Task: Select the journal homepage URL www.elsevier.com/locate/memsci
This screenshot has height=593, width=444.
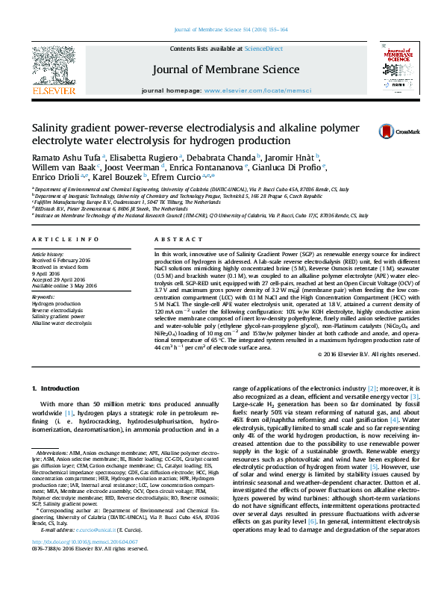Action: click(260, 90)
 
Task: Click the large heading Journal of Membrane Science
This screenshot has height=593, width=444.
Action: click(221, 69)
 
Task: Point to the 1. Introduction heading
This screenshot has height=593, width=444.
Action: click(58, 389)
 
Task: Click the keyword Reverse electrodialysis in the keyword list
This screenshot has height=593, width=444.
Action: click(58, 310)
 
